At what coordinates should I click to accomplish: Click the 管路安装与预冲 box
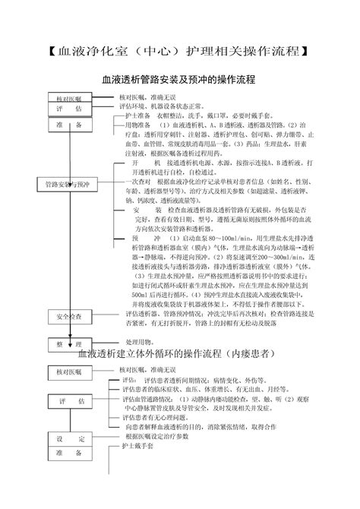(x=68, y=185)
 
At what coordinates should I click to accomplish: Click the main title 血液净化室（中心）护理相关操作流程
(x=180, y=52)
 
